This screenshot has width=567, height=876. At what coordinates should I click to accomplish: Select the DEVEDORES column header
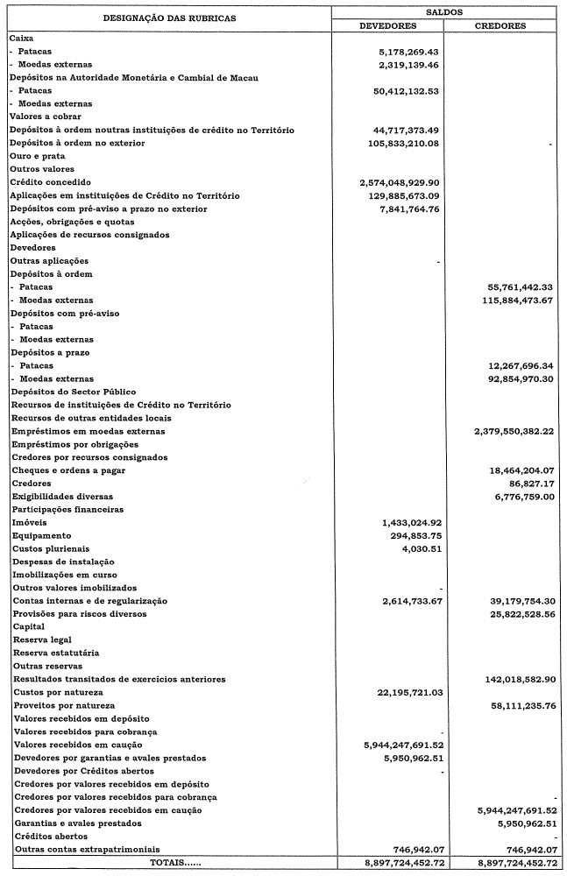click(388, 26)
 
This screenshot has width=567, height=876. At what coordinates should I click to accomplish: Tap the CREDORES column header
click(500, 26)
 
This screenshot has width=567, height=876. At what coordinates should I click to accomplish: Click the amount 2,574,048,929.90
click(399, 182)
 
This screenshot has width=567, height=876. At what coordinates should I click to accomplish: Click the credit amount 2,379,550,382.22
click(514, 432)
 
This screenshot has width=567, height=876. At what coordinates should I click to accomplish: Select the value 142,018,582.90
click(519, 680)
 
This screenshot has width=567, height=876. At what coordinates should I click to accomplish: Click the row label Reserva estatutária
click(55, 653)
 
